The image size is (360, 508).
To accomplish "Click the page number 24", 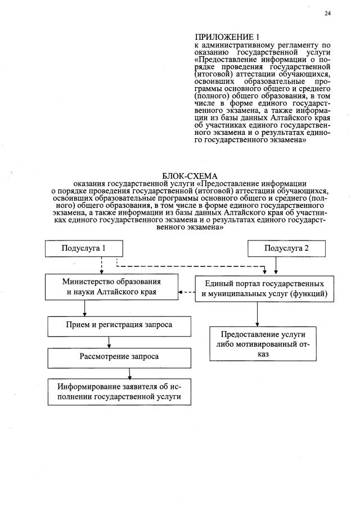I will click(327, 13).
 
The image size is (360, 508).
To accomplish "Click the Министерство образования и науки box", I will click(111, 287).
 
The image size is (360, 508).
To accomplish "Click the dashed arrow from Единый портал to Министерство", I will click(186, 292).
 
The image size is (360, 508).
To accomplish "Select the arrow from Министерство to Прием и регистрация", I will click(84, 308).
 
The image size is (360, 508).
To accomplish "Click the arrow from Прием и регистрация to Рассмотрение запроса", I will click(109, 341).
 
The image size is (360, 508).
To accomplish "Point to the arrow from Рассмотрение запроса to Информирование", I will click(130, 372).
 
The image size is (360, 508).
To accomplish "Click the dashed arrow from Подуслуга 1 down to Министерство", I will click(101, 265).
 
